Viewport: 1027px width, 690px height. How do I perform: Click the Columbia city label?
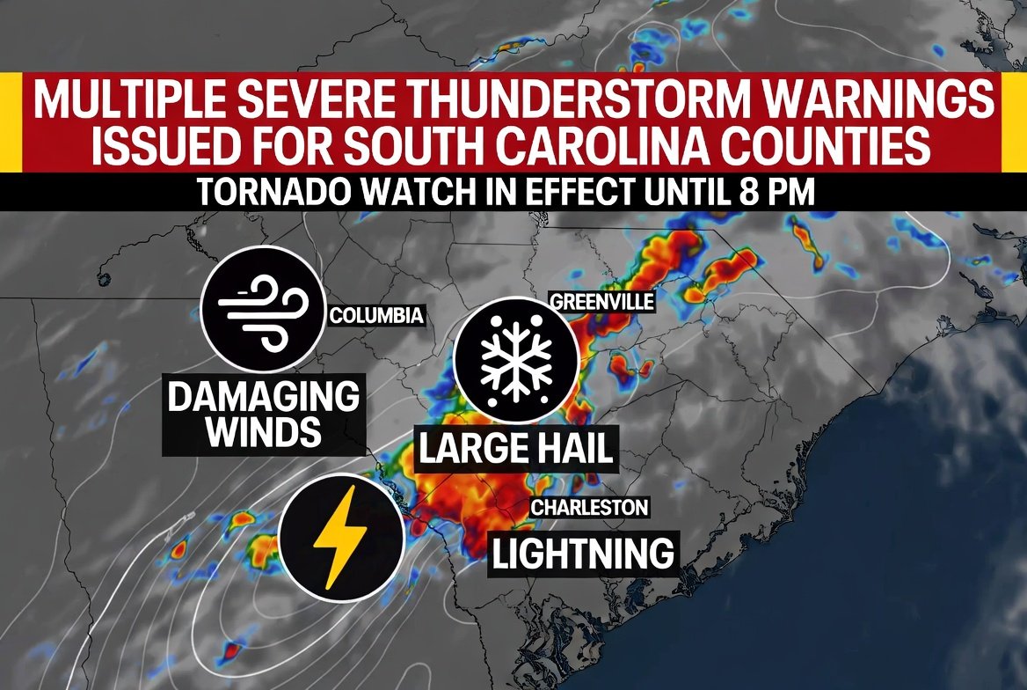[x=376, y=316]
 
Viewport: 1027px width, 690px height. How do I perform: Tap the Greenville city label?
[x=602, y=302]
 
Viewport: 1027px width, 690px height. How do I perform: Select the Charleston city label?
[x=589, y=508]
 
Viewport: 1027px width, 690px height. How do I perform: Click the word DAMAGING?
[x=263, y=397]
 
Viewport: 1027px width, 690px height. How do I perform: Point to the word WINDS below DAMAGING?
[x=263, y=432]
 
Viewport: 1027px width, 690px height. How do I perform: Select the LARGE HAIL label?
[x=514, y=450]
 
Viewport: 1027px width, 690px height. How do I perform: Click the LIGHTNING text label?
[x=582, y=554]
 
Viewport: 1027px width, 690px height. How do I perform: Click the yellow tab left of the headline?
[x=10, y=122]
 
